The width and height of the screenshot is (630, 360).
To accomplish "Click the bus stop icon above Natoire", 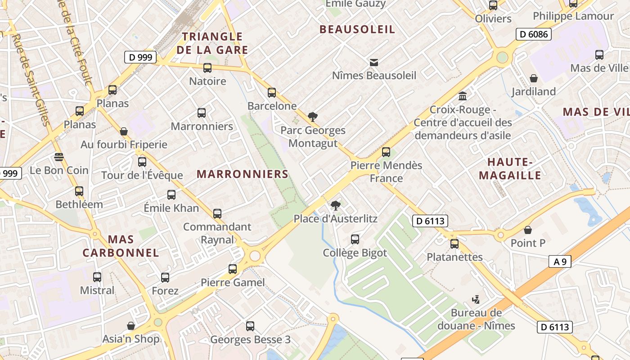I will [x=207, y=68].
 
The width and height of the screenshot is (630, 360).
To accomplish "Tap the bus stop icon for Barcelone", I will [x=272, y=93].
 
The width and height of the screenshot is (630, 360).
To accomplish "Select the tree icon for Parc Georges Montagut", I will [x=313, y=117].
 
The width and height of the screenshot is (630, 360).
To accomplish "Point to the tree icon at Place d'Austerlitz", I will [x=335, y=206].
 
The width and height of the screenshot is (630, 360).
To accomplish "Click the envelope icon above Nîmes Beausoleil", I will [x=374, y=62].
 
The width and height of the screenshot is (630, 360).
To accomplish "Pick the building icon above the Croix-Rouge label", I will [x=463, y=96].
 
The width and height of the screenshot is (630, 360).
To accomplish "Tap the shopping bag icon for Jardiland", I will [x=534, y=78].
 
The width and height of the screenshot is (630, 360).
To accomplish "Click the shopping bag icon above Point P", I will [x=528, y=230].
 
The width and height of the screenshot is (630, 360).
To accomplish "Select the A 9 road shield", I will [x=560, y=261].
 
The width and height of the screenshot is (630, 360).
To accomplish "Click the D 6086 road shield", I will [x=533, y=34].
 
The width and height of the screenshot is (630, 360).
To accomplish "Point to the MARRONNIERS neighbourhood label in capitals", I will [x=243, y=174].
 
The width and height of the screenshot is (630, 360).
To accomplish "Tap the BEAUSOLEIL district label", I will [x=357, y=30].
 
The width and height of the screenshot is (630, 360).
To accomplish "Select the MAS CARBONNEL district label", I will [x=121, y=246].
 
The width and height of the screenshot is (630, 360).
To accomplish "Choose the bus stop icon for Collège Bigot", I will [x=355, y=239].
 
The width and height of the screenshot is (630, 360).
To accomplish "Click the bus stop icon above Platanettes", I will [x=454, y=244].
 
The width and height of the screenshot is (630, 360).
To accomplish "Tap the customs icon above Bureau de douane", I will [x=476, y=299].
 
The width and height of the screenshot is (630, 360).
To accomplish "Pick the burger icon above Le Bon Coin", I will [x=59, y=157].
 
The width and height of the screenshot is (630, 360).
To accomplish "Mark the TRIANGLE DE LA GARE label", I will [x=212, y=43].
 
